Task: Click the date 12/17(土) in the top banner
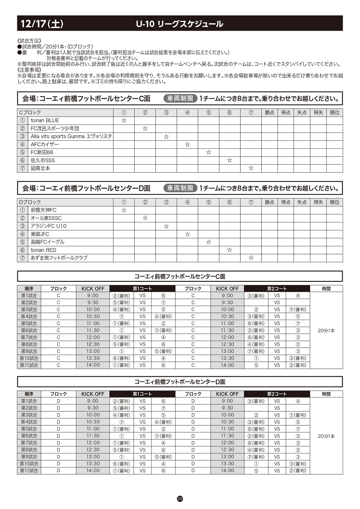click(x=42, y=24)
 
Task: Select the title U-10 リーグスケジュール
click(x=180, y=24)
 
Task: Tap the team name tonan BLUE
click(x=45, y=120)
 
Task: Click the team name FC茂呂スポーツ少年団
click(x=55, y=128)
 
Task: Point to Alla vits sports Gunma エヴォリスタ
click(x=71, y=136)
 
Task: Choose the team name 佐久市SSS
click(x=43, y=160)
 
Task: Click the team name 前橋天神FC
click(x=44, y=210)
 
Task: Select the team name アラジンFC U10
click(x=48, y=226)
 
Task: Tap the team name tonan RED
click(x=43, y=250)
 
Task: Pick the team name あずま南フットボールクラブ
click(x=59, y=258)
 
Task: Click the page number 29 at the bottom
click(x=180, y=499)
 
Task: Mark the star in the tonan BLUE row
click(x=124, y=120)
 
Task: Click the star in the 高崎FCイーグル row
click(x=208, y=242)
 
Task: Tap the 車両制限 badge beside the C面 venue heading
click(x=180, y=99)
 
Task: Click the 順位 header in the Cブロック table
click(x=335, y=113)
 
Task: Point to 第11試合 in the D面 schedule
click(x=29, y=470)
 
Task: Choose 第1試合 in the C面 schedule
click(x=29, y=295)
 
